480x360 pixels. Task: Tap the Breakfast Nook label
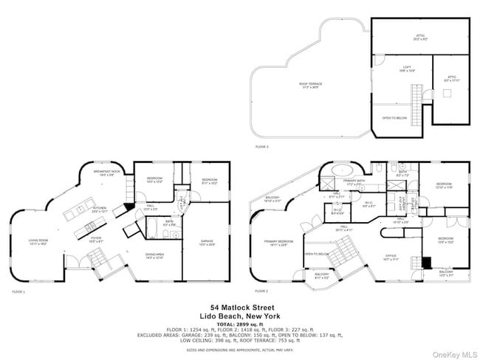pyautogui.click(x=108, y=174)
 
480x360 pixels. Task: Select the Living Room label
pyautogui.click(x=38, y=241)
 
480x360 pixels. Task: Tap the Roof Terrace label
pyautogui.click(x=309, y=86)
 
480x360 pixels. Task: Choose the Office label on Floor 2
pyautogui.click(x=391, y=258)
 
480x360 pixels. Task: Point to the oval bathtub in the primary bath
pyautogui.click(x=342, y=170)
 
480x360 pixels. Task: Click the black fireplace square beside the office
pyautogui.click(x=426, y=261)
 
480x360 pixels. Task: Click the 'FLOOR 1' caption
pyautogui.click(x=18, y=292)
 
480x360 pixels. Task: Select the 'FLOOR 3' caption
pyautogui.click(x=262, y=147)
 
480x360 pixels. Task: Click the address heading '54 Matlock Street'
pyautogui.click(x=240, y=306)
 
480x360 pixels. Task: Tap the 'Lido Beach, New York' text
pyautogui.click(x=240, y=315)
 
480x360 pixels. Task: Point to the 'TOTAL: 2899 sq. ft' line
pyautogui.click(x=240, y=323)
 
